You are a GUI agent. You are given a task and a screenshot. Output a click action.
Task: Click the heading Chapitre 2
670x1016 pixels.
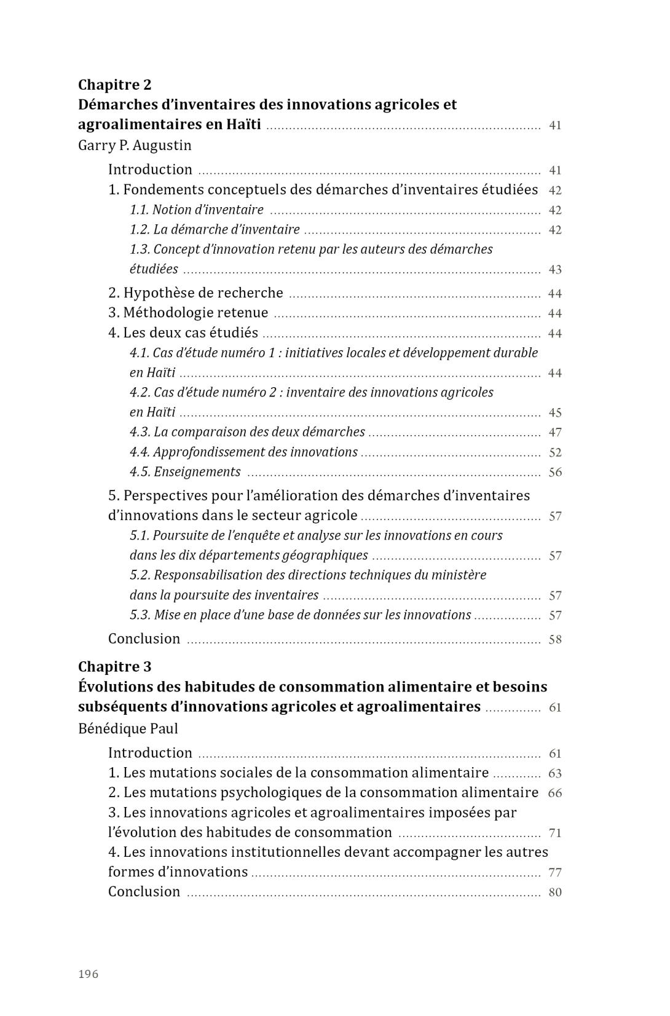(x=114, y=85)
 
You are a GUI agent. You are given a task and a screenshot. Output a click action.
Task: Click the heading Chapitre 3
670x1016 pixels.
(x=114, y=667)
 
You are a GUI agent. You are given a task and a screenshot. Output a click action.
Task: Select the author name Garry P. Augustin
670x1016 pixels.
(x=135, y=146)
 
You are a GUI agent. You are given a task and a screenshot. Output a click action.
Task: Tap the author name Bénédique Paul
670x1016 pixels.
(x=128, y=729)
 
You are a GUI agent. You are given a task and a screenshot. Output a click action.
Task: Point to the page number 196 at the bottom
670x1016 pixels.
(x=89, y=974)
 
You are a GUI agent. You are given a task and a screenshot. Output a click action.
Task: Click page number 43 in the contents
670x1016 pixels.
(x=555, y=270)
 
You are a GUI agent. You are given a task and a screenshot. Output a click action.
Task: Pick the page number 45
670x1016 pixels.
(x=555, y=413)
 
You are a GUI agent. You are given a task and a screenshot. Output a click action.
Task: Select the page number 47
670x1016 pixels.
(x=555, y=433)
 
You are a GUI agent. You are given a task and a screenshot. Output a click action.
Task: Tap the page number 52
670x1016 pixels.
(x=555, y=453)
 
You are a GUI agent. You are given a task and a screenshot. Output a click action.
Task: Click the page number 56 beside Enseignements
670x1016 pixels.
(x=555, y=473)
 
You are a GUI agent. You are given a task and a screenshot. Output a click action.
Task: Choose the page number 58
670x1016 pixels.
(x=555, y=640)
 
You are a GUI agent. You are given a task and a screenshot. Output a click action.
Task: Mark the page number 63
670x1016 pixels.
(x=555, y=774)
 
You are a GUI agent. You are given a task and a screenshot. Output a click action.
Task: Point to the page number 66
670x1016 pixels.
(x=555, y=794)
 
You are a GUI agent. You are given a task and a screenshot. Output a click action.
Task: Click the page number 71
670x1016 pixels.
(x=555, y=833)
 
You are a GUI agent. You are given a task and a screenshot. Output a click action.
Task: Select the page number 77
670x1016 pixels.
(x=555, y=873)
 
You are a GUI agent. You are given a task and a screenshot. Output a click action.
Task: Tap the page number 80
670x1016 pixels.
(x=555, y=892)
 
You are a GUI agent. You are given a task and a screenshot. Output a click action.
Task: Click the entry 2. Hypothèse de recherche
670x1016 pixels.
(x=195, y=293)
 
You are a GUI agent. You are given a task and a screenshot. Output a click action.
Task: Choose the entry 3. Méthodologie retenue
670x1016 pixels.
(x=188, y=313)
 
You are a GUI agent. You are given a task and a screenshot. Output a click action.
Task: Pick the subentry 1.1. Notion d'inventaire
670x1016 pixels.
(x=197, y=210)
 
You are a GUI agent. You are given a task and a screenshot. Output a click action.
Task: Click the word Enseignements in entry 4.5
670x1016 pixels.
(x=197, y=472)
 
